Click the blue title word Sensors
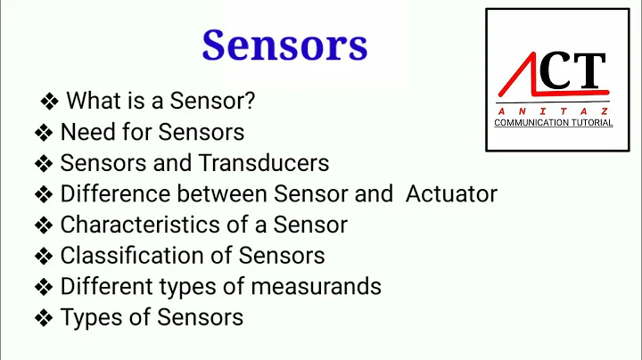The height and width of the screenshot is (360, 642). click(284, 45)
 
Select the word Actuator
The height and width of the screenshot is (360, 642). click(451, 193)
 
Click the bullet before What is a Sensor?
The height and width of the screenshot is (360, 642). click(50, 102)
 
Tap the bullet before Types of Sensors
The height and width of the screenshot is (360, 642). click(44, 317)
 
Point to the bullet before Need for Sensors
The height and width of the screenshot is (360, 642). click(44, 134)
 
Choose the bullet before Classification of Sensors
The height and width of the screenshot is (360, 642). click(44, 257)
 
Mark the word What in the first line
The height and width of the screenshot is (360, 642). click(93, 102)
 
